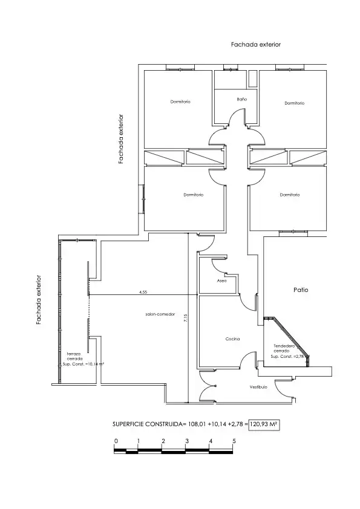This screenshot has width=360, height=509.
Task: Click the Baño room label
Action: (242, 99)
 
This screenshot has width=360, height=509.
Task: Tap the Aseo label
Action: (221, 280)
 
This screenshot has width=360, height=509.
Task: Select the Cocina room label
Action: (232, 339)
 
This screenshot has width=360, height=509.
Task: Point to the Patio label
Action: (301, 290)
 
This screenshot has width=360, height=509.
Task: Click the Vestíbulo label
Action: (258, 387)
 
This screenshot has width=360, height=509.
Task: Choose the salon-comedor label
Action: (160, 314)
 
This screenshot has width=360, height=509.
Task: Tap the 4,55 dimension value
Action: (143, 292)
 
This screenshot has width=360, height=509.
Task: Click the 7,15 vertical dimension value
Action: (186, 319)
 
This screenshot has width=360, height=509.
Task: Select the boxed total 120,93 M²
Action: (264, 424)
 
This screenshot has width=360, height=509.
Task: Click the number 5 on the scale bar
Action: (234, 441)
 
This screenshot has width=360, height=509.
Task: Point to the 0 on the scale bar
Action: (116, 441)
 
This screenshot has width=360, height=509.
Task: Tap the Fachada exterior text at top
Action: (256, 45)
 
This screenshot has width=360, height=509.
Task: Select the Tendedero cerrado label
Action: (283, 348)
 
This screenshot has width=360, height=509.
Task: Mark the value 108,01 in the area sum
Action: (197, 424)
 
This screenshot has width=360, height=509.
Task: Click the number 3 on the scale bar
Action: (187, 441)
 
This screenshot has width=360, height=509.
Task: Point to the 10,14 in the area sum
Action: (218, 424)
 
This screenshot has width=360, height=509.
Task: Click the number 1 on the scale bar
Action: (139, 441)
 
